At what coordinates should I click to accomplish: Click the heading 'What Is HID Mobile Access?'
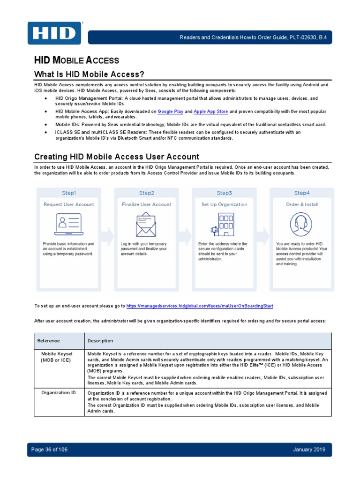pos(89,75)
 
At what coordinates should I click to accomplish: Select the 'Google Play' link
pos(170,112)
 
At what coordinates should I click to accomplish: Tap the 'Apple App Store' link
pos(210,112)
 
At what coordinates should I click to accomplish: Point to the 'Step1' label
pos(69,193)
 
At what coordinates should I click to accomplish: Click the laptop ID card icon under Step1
pos(69,224)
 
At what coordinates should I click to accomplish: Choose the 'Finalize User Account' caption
pos(146,204)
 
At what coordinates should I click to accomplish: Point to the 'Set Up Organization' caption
pos(224,204)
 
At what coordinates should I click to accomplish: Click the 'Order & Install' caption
pos(302,204)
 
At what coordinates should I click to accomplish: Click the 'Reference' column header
pos(49,341)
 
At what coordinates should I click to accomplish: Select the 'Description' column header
pos(100,341)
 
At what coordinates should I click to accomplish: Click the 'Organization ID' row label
pos(59,392)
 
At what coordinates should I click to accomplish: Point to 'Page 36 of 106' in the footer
pos(49,450)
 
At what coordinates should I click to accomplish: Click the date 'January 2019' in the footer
pos(309,450)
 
